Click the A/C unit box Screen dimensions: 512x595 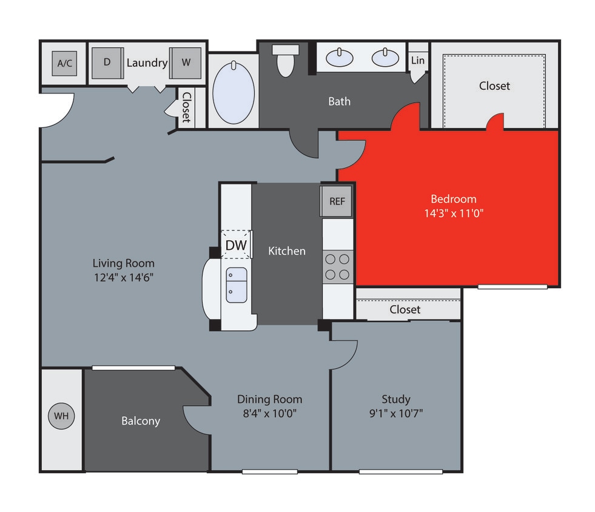coord(64,63)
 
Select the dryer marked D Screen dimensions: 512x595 coord(107,62)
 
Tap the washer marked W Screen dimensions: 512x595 coord(186,62)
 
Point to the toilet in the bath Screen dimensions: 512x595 coord(284,61)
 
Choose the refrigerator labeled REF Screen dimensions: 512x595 coord(337,201)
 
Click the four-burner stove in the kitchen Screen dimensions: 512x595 coord(337,266)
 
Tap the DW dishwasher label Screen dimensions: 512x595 coord(235,244)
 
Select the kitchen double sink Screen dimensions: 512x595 coord(236,285)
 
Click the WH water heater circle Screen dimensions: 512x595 coord(61,417)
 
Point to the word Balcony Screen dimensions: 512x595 coord(141,420)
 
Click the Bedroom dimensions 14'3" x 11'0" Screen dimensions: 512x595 coord(453,213)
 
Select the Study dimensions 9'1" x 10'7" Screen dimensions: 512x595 coord(395,414)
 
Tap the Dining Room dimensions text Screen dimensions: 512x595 coord(269,414)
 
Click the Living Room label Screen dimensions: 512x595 coord(123,263)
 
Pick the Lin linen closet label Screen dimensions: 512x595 coord(417,60)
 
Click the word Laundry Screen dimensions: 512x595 coord(147,62)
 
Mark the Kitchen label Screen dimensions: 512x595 coord(287,250)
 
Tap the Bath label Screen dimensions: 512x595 coord(339,101)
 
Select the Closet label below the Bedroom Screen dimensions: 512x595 coord(405,309)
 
